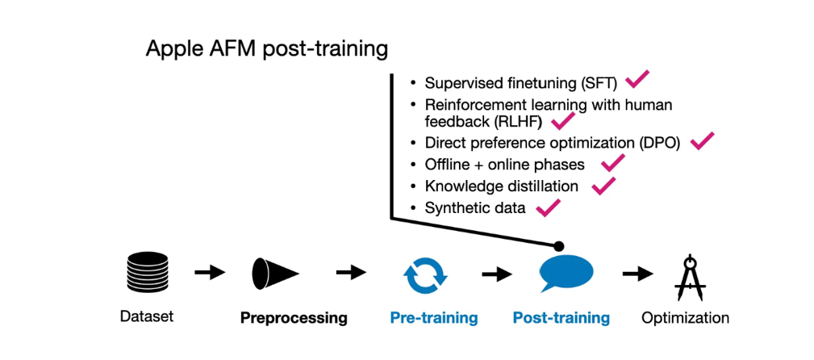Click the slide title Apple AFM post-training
(266, 49)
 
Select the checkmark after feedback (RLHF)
(561, 122)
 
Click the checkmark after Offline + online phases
(612, 163)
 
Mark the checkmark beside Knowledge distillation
(603, 185)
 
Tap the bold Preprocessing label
(294, 317)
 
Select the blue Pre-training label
(433, 317)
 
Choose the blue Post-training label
(561, 317)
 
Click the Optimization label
(685, 317)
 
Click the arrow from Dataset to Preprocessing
(210, 273)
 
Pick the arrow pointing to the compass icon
(638, 274)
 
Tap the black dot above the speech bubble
(558, 245)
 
